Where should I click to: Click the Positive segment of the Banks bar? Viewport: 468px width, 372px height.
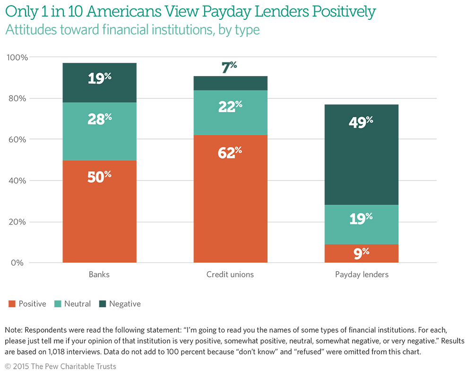click(x=99, y=211)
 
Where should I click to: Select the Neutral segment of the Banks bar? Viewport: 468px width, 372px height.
click(x=99, y=131)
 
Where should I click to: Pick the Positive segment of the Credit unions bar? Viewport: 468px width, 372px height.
click(x=230, y=199)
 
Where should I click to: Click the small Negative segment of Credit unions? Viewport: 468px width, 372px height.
click(x=230, y=83)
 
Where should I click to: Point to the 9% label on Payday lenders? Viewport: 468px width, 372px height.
click(x=361, y=253)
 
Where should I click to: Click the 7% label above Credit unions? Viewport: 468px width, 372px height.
click(x=229, y=68)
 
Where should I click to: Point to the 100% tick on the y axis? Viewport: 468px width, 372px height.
click(x=17, y=58)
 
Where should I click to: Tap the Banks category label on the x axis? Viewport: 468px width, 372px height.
click(x=99, y=275)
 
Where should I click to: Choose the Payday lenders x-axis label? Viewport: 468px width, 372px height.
click(x=362, y=275)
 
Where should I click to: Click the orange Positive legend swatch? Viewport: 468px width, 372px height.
click(x=12, y=304)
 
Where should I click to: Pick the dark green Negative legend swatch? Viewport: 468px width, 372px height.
click(x=103, y=304)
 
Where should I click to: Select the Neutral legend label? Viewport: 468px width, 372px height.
click(x=78, y=304)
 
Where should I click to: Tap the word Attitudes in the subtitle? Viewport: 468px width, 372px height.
click(x=28, y=30)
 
